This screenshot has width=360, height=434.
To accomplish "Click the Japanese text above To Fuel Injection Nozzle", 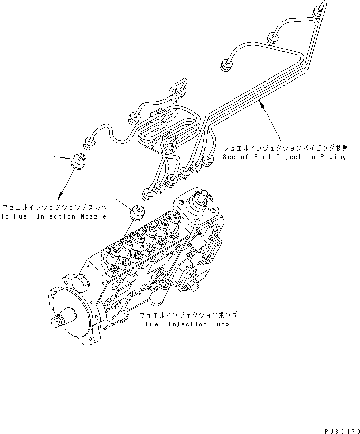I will pos(53,208).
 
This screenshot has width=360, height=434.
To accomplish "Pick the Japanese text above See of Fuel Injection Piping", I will pos(284,148).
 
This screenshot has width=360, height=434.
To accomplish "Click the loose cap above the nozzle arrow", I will pos(80,161).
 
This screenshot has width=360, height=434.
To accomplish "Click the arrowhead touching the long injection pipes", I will pos(263,104).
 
